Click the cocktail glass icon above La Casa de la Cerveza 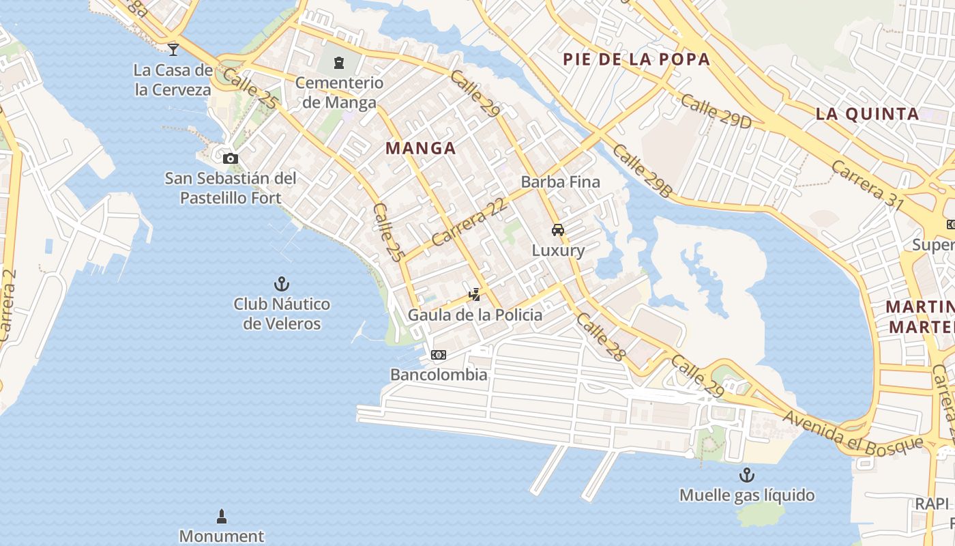173,49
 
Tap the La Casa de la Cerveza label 173,79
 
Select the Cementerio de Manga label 339,93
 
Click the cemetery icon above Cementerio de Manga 338,63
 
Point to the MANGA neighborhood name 421,148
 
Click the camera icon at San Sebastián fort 231,158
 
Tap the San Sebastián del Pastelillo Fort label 231,188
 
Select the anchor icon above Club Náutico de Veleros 282,283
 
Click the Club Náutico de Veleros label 282,314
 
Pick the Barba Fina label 560,182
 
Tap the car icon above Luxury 558,230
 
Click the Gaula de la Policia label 475,315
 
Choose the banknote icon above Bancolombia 439,355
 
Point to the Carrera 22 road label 469,223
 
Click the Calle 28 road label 600,336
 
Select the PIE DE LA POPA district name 636,59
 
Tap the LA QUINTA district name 868,114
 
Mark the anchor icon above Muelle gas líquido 747,475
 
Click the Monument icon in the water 221,515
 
